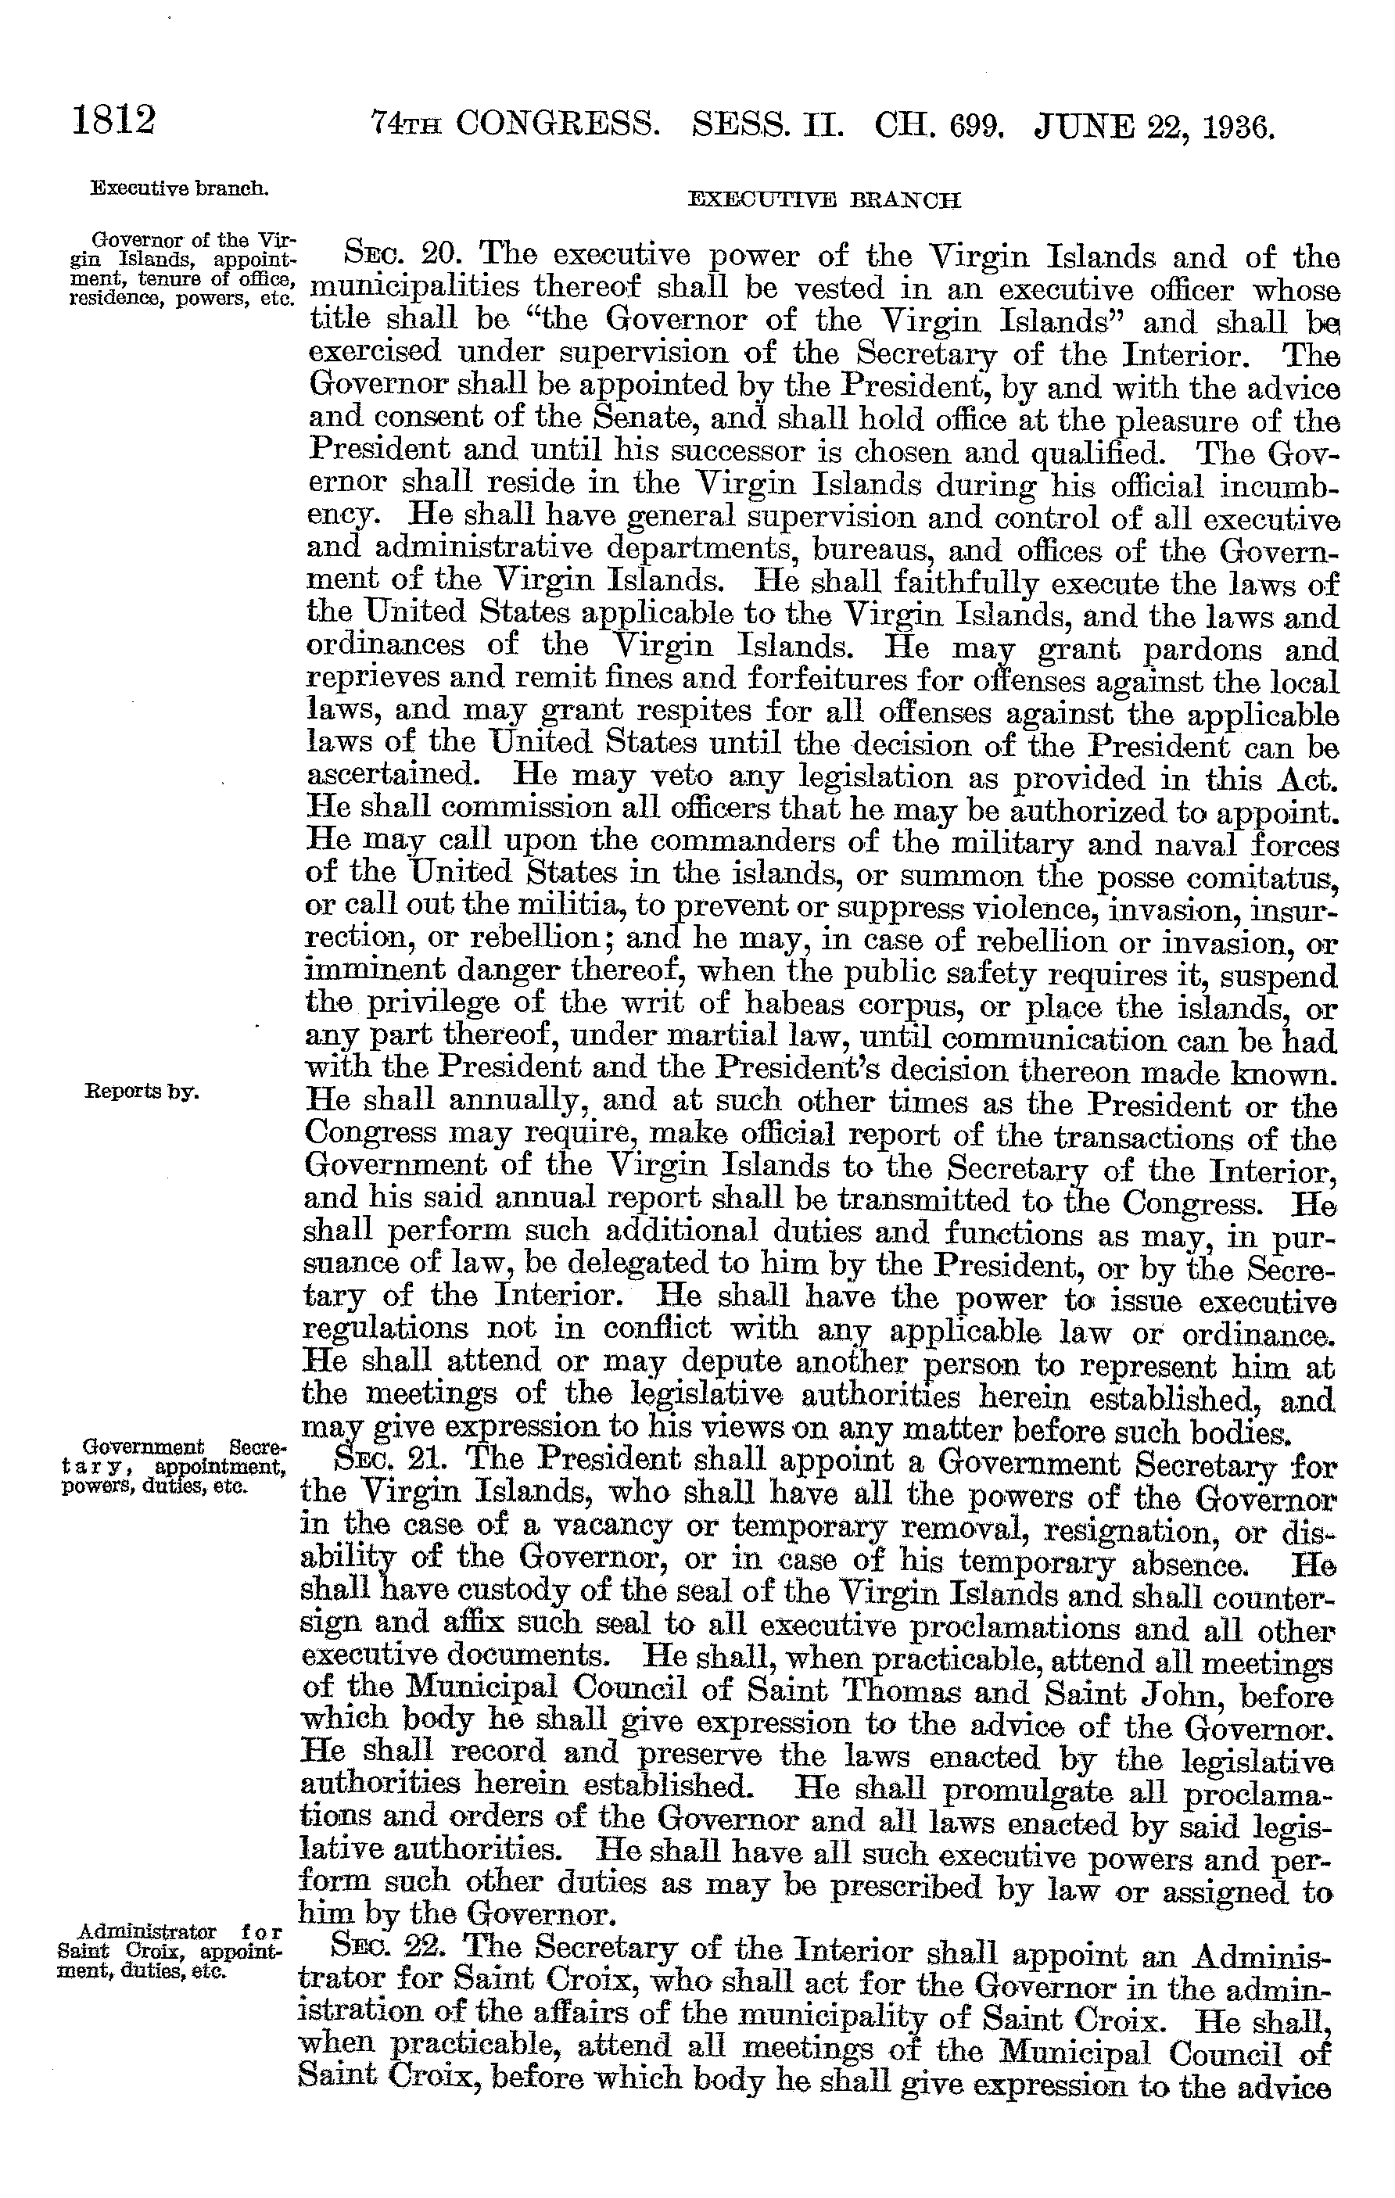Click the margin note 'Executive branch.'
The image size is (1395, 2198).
[x=179, y=189]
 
